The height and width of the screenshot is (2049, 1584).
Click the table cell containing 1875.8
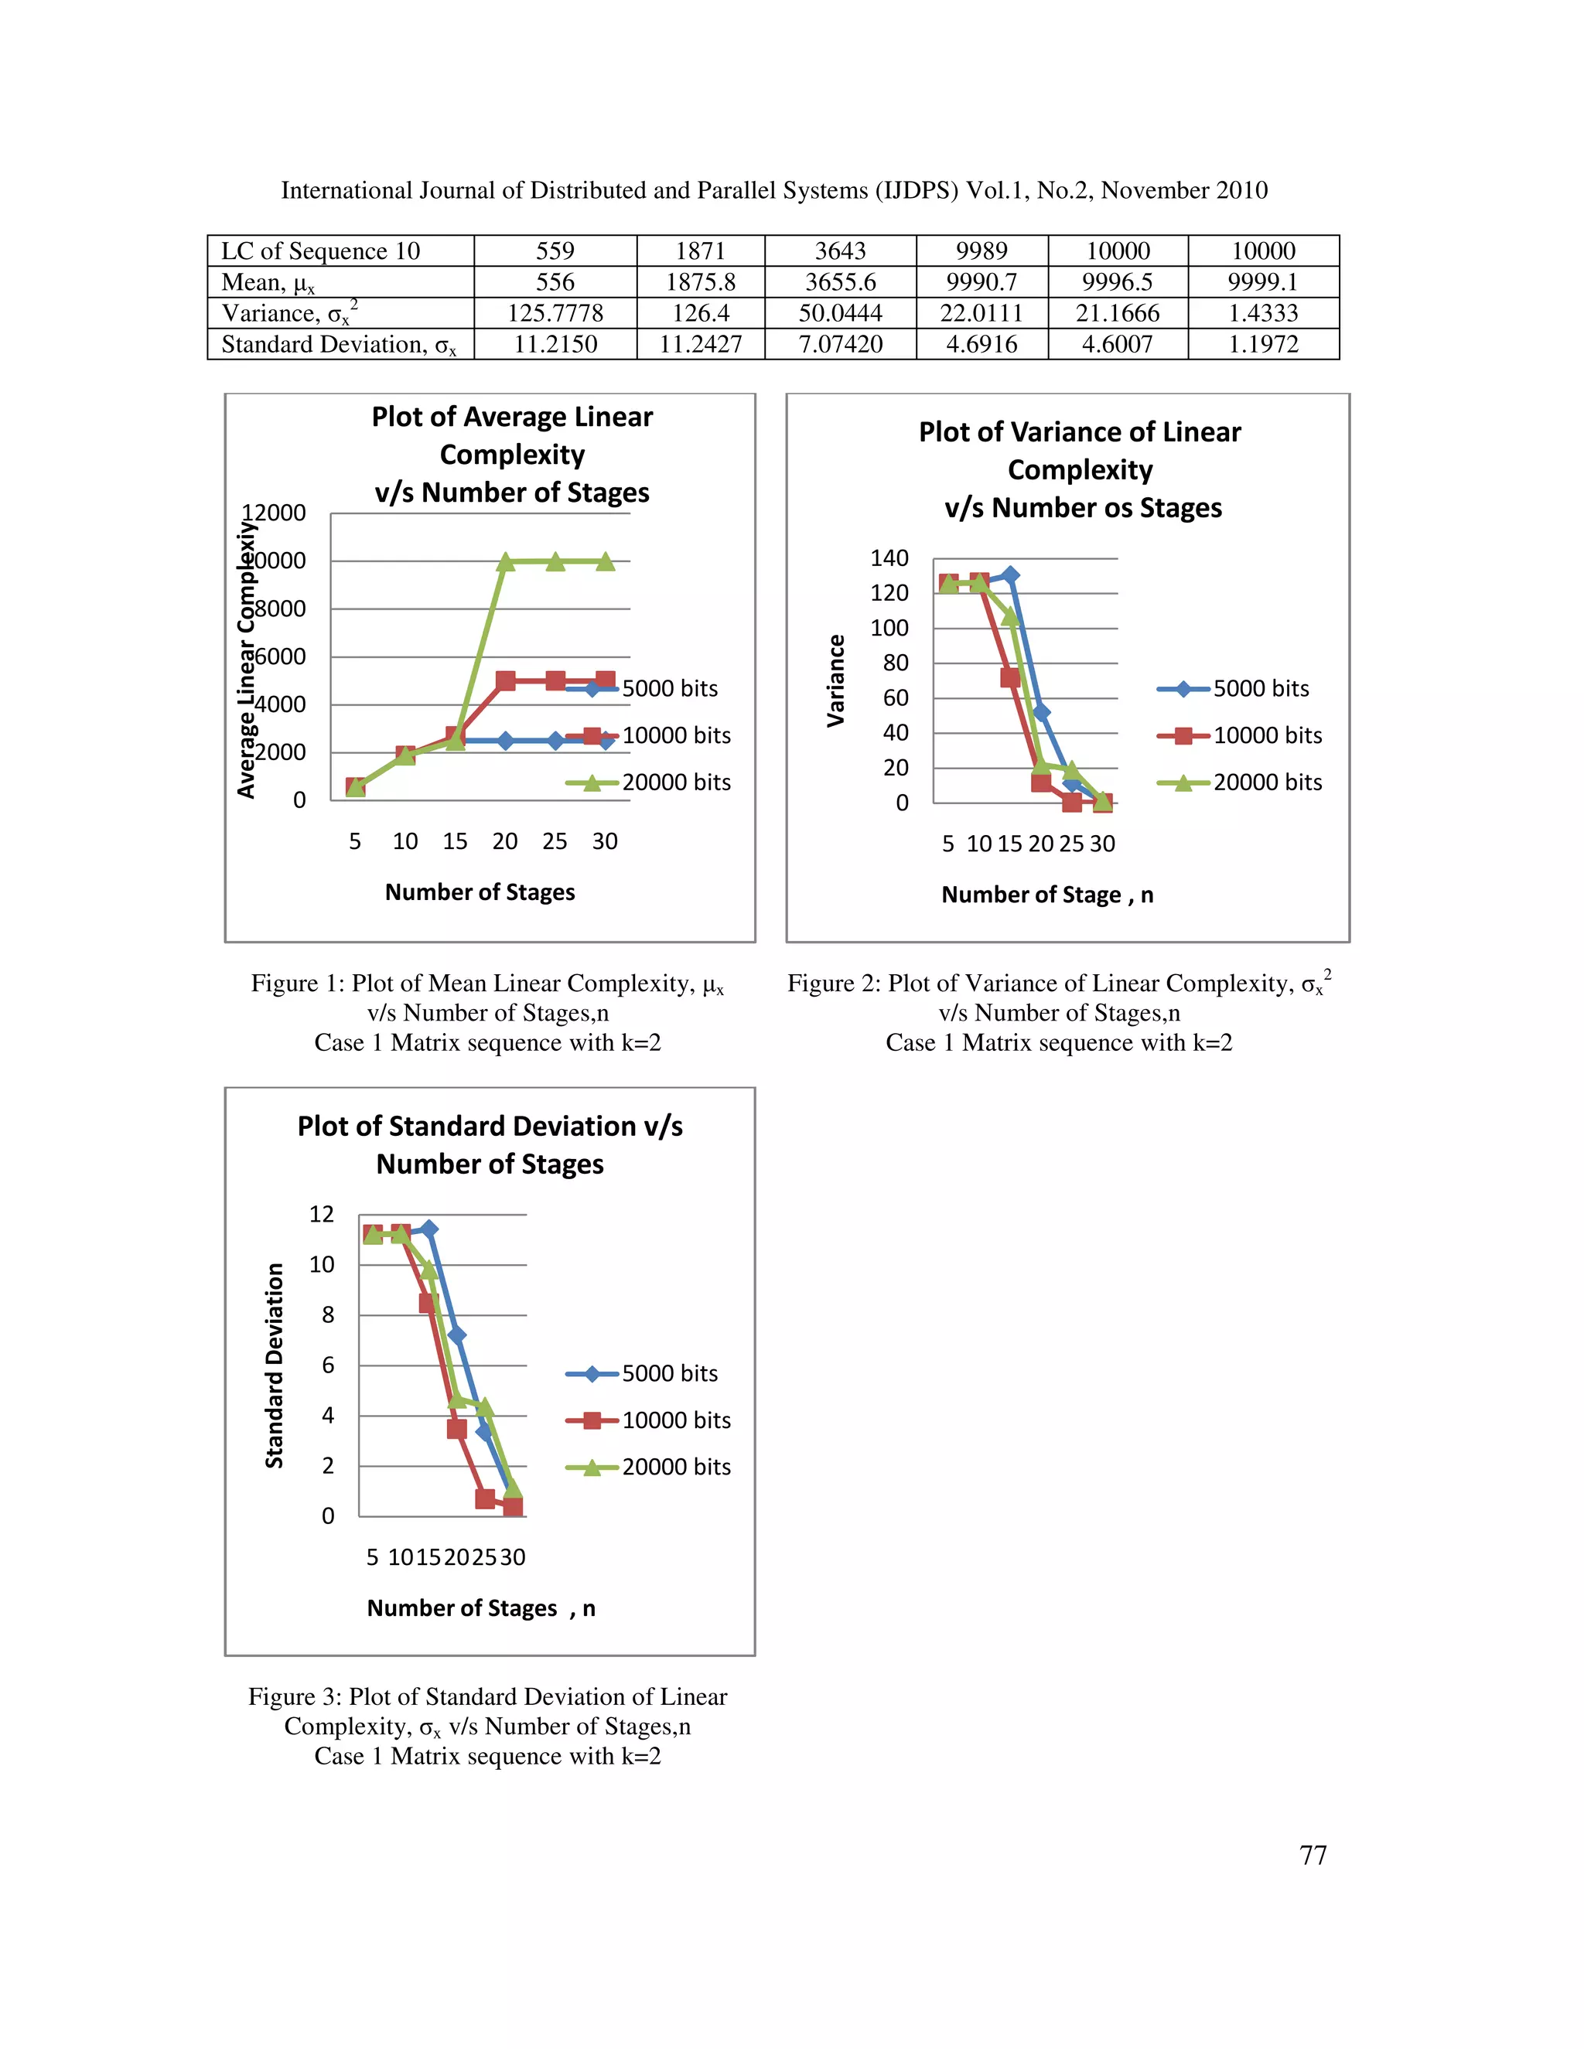point(700,282)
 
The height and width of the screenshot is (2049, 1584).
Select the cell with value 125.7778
point(555,313)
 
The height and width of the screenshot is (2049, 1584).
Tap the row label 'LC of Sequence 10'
point(321,251)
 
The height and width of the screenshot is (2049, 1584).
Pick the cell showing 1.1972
point(1263,344)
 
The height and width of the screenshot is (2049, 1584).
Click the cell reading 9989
point(981,251)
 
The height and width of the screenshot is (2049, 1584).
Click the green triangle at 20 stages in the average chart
point(505,561)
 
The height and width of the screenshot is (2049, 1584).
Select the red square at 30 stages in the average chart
point(606,680)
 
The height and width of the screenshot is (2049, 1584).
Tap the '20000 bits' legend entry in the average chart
point(676,782)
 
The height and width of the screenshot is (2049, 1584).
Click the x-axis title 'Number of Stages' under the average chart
point(480,892)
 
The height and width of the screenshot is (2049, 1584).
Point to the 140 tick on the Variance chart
point(889,558)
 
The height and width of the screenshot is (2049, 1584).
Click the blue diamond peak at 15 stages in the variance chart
point(1009,575)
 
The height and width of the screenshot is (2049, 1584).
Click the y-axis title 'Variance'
point(835,680)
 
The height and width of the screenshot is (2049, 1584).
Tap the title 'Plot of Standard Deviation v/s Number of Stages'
point(490,1144)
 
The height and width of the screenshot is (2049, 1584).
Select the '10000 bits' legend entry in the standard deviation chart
point(676,1420)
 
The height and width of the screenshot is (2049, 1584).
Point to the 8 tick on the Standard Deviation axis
point(327,1314)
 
